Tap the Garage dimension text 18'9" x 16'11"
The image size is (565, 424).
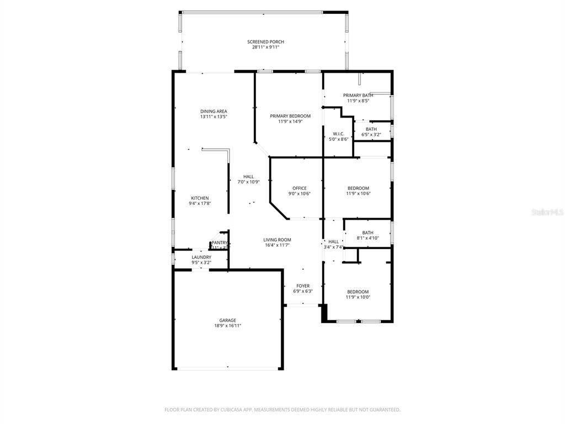pyautogui.click(x=228, y=326)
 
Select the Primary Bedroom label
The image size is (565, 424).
pyautogui.click(x=290, y=116)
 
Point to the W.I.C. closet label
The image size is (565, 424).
pyautogui.click(x=338, y=134)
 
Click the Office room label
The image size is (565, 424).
pyautogui.click(x=299, y=188)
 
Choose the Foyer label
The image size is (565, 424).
pyautogui.click(x=302, y=286)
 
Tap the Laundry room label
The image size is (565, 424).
pyautogui.click(x=201, y=257)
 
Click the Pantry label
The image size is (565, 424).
pyautogui.click(x=220, y=242)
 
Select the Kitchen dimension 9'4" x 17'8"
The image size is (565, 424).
pyautogui.click(x=200, y=204)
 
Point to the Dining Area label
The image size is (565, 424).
pyautogui.click(x=214, y=112)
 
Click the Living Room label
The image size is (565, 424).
pyautogui.click(x=277, y=240)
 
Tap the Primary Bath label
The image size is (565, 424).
pyautogui.click(x=358, y=96)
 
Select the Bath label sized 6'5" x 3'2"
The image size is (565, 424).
pyautogui.click(x=371, y=129)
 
